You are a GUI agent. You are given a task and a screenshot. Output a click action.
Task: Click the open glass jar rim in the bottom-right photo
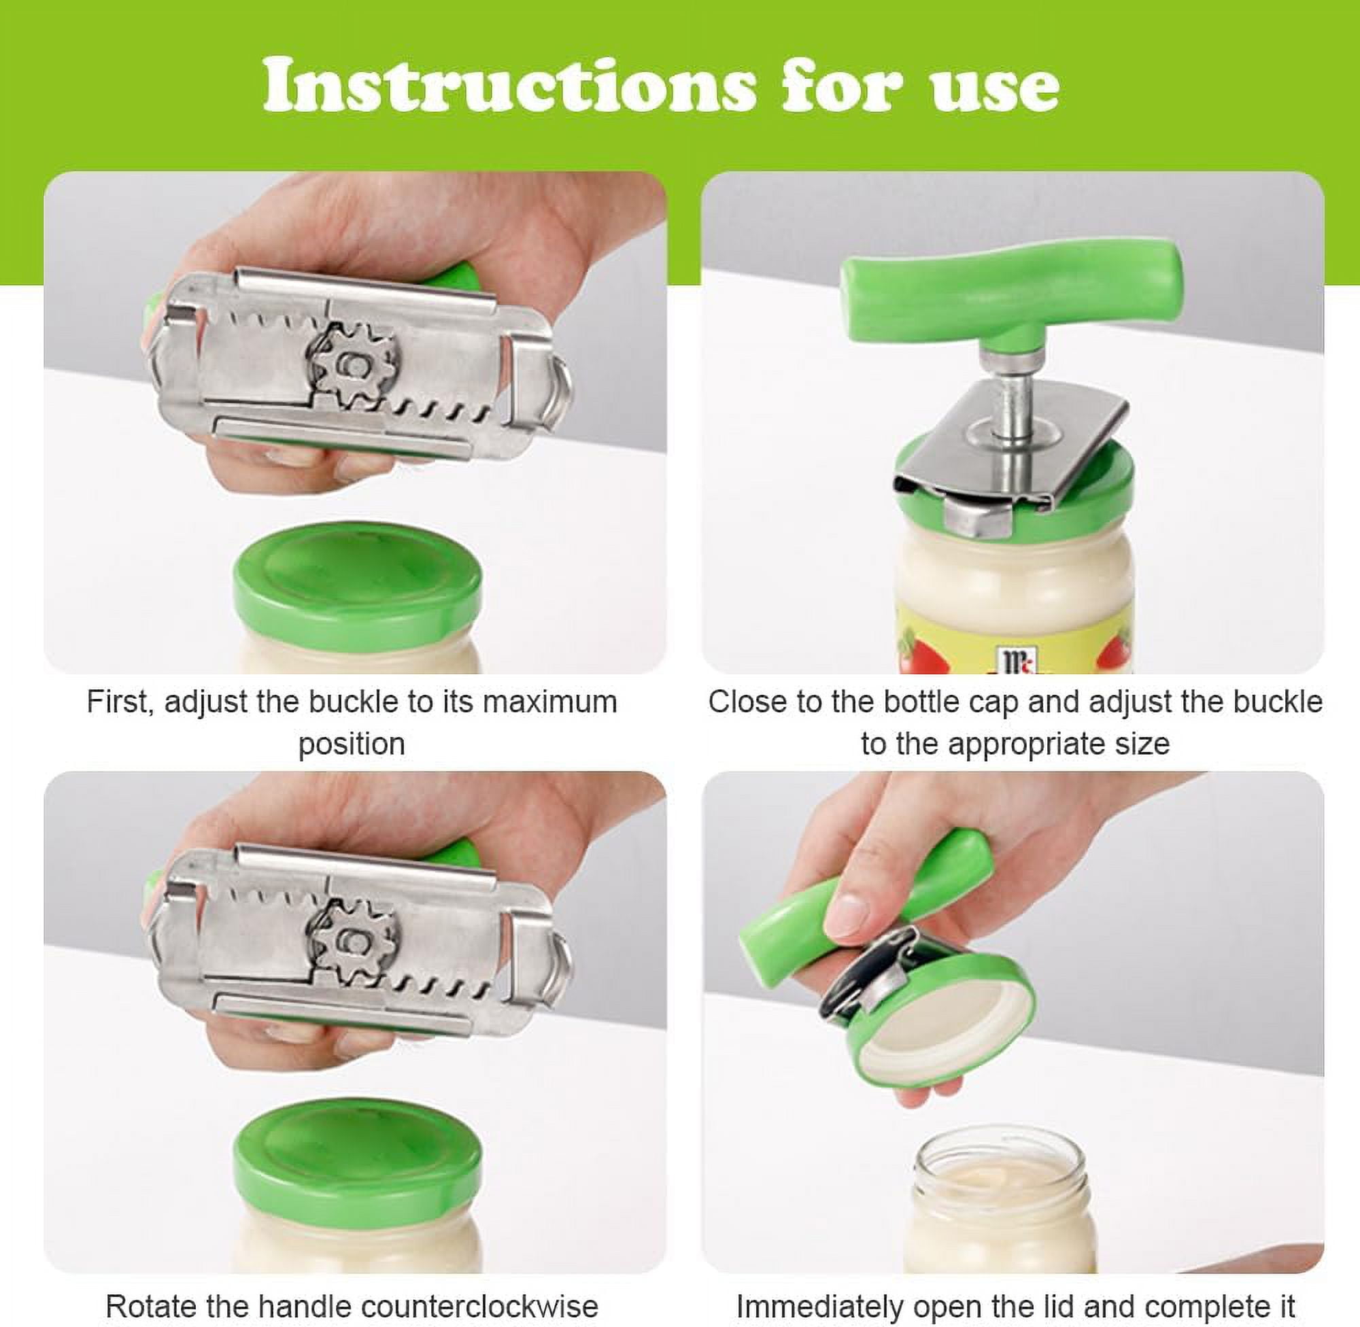coord(1001,1160)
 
